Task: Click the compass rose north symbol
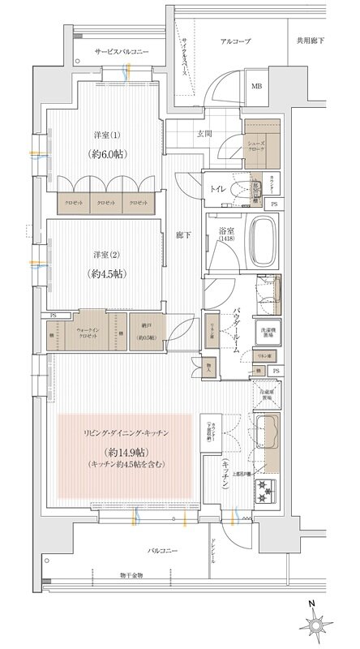point(317,623)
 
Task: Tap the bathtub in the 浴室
point(264,241)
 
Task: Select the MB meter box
point(256,87)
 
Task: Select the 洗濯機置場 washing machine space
point(267,333)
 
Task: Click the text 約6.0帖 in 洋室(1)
point(108,153)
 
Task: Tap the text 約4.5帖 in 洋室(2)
point(108,273)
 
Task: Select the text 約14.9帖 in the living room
point(124,451)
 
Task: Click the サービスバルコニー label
point(122,51)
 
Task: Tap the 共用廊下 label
point(311,41)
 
